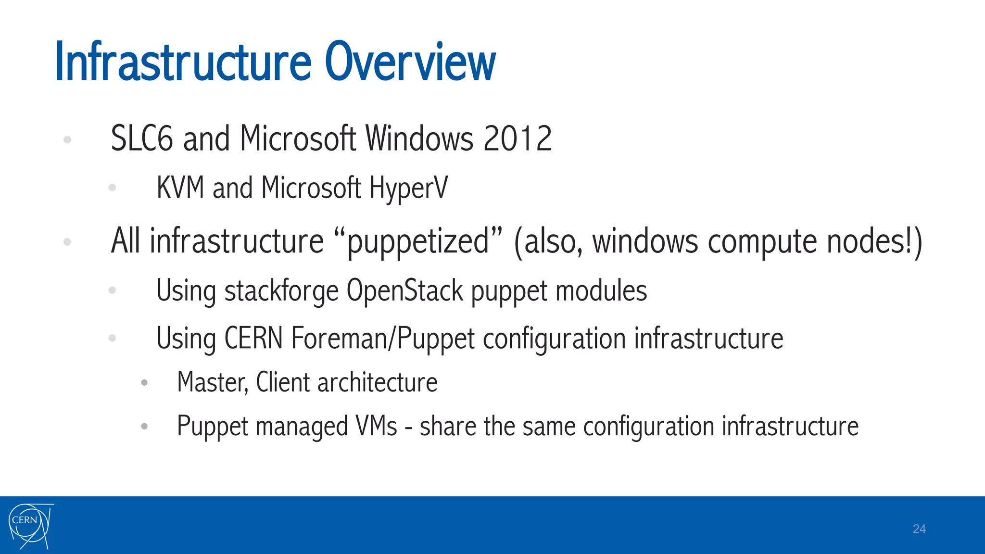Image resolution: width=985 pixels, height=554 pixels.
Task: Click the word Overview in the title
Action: [x=410, y=63]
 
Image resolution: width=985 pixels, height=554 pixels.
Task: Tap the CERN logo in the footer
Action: [x=30, y=526]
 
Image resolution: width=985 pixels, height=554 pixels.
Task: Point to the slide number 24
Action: [x=919, y=529]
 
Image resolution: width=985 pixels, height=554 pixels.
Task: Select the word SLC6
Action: [x=141, y=139]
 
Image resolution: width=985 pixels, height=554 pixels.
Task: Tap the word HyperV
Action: [x=408, y=188]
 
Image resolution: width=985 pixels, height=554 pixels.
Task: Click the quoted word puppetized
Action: [x=417, y=241]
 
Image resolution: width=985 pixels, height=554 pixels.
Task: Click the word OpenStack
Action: [x=404, y=291]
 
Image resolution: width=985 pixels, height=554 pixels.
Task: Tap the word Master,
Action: [x=213, y=383]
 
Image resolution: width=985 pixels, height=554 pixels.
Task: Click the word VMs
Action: [x=376, y=426]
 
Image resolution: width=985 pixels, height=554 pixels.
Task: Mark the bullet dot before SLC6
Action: [x=67, y=139]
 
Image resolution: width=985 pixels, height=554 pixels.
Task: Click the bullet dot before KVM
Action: [x=113, y=188]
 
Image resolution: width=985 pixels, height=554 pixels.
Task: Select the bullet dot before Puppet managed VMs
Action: [x=144, y=426]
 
